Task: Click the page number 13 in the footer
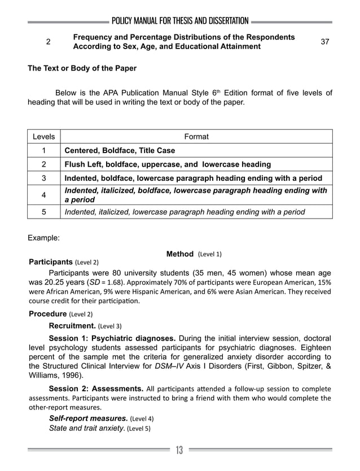tap(179, 450)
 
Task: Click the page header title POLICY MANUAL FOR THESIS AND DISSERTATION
tap(180, 21)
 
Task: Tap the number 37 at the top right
tap(325, 42)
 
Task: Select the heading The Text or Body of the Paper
tap(82, 68)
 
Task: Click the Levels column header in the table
tap(44, 137)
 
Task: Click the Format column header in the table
tap(196, 137)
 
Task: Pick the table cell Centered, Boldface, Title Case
tap(120, 151)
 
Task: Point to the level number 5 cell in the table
tap(44, 212)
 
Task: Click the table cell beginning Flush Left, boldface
tap(168, 165)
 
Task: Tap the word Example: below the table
tap(43, 238)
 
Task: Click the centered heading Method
tap(181, 254)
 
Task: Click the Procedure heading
tap(48, 314)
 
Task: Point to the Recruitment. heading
tap(72, 326)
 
